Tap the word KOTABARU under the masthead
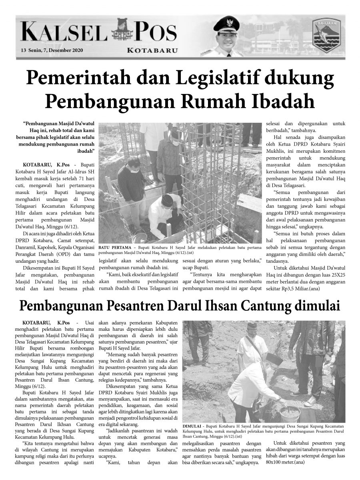coord(152,50)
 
